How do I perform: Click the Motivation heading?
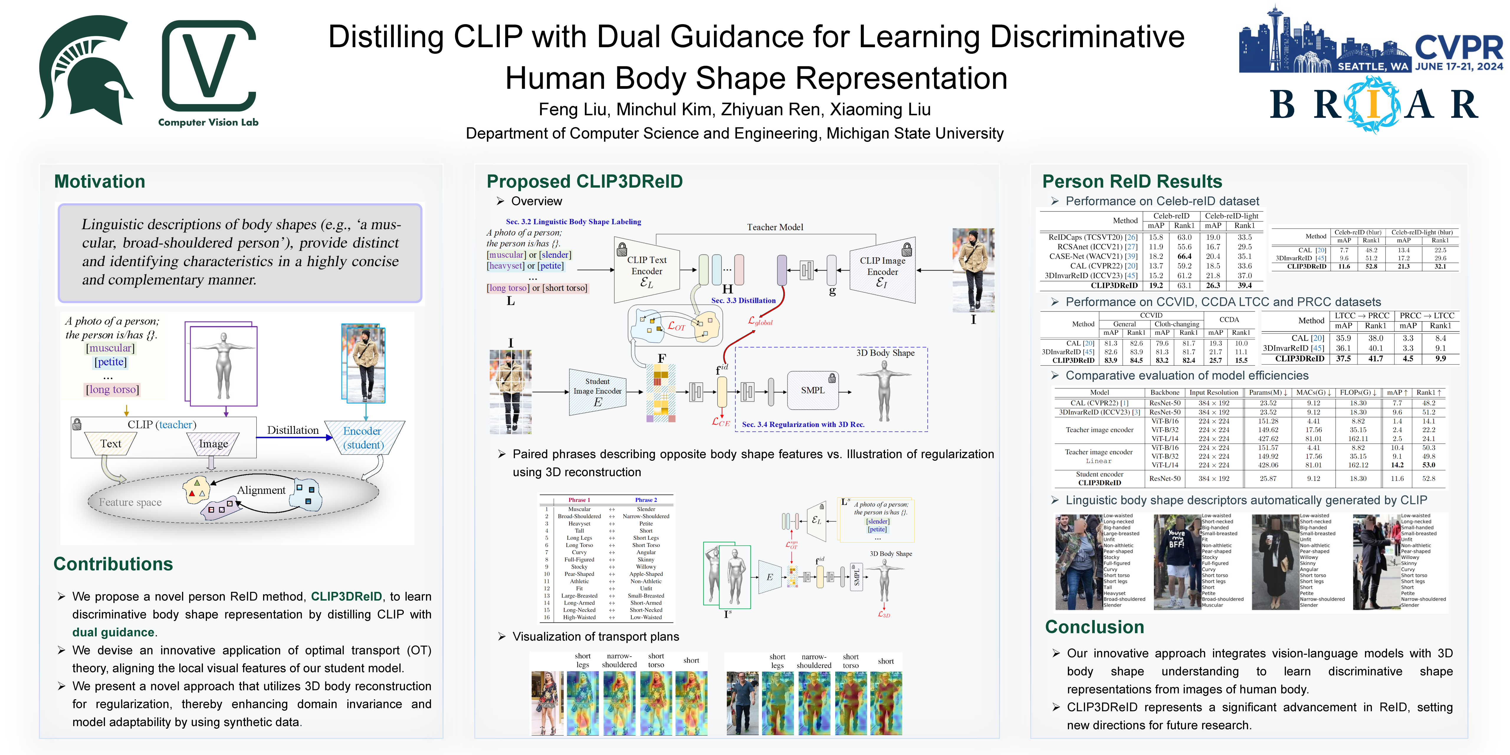click(x=100, y=182)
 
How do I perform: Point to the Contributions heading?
click(x=113, y=564)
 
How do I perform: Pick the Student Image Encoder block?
click(x=597, y=391)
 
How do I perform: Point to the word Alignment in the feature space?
click(x=261, y=490)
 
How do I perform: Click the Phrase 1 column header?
click(x=579, y=500)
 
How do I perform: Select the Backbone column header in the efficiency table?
click(x=1165, y=393)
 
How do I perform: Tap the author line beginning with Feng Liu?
click(x=734, y=110)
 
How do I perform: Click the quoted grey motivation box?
click(x=240, y=253)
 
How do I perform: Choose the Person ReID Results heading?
click(x=1132, y=182)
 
